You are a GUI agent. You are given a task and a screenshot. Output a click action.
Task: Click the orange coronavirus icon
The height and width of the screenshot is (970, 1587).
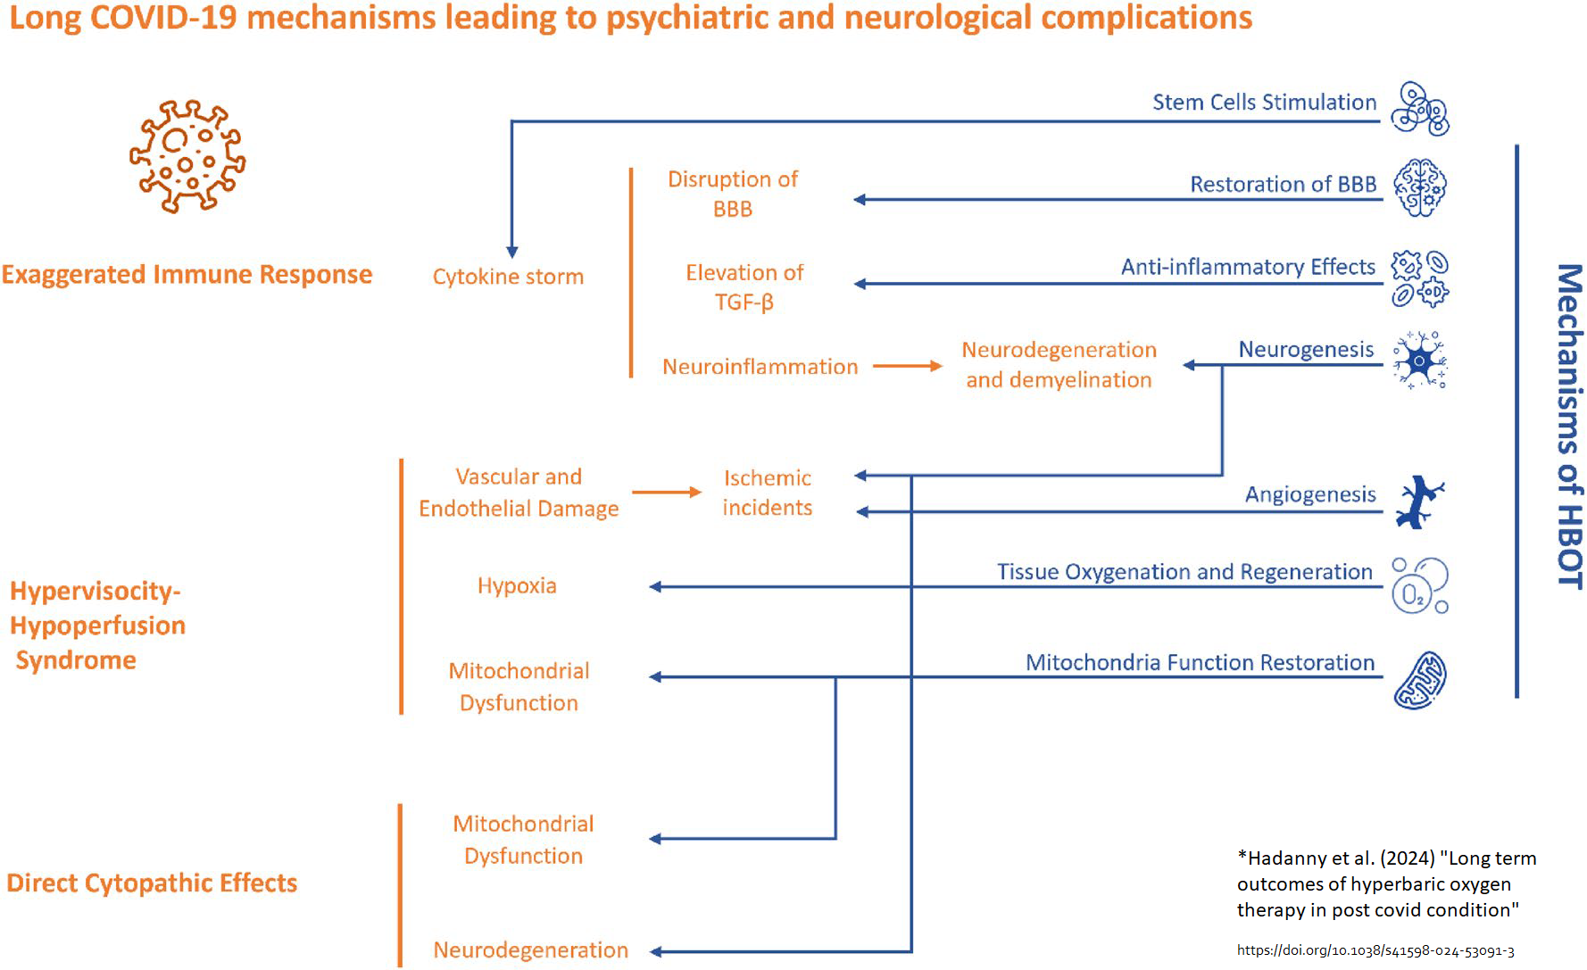(x=187, y=157)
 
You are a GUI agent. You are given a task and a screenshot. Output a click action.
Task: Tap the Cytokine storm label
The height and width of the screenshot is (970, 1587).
(x=508, y=277)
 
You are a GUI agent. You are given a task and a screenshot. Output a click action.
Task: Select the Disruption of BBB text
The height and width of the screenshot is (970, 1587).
(x=733, y=194)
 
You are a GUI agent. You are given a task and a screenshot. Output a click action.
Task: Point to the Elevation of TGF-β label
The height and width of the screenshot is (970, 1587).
(x=744, y=286)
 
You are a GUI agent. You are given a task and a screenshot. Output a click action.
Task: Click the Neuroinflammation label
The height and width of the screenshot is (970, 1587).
(x=760, y=367)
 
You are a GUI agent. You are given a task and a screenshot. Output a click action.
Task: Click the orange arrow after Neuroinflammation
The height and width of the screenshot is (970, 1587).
(x=907, y=366)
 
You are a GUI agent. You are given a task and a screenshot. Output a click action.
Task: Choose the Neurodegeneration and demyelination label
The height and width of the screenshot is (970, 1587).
(x=1059, y=364)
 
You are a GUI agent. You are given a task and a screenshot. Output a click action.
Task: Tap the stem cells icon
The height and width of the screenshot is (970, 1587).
(x=1420, y=109)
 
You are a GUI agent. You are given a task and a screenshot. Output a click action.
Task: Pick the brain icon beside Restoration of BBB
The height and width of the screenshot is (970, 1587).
(x=1420, y=187)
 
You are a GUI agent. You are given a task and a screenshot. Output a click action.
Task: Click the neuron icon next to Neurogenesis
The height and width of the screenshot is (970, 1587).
(x=1420, y=361)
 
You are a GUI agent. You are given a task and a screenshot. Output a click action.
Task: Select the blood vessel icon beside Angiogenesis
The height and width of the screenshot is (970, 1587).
(x=1420, y=502)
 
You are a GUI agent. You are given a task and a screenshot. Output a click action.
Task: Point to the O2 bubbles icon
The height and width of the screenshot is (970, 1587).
(x=1420, y=586)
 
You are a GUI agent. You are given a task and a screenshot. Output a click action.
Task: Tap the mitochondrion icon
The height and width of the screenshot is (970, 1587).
(x=1420, y=681)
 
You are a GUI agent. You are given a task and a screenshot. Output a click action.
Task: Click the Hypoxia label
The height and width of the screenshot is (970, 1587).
(x=517, y=586)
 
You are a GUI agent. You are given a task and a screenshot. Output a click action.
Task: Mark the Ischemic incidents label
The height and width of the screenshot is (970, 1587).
(x=767, y=493)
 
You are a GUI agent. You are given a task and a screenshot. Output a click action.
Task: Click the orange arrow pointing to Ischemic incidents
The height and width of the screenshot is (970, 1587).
(x=667, y=492)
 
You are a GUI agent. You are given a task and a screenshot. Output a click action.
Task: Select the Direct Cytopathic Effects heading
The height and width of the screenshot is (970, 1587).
(x=152, y=883)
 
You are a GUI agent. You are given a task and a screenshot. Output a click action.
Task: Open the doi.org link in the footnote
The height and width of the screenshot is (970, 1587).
(x=1375, y=951)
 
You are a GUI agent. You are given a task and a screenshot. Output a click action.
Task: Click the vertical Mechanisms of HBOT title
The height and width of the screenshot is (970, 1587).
(x=1568, y=426)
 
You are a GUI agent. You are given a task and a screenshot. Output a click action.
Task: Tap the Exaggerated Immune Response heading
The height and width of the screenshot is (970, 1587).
(x=187, y=275)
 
